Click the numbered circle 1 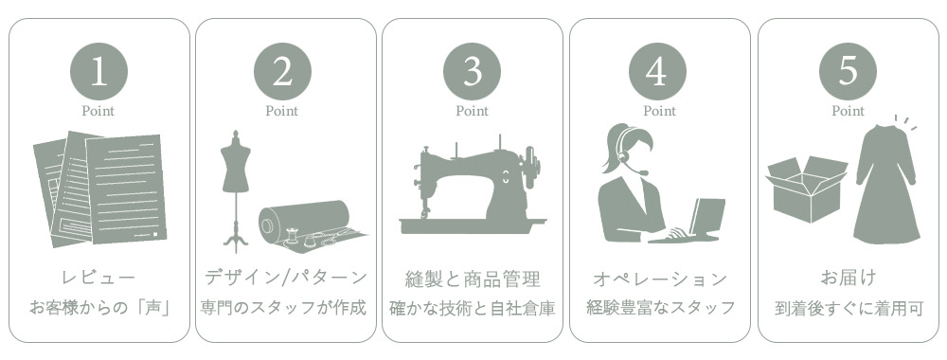(x=99, y=71)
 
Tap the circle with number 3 (x=473, y=71)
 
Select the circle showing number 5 (x=848, y=71)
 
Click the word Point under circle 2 (x=282, y=111)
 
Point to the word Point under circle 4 (x=659, y=111)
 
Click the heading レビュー (x=99, y=278)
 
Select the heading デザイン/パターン (x=286, y=278)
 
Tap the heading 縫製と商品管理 (x=473, y=279)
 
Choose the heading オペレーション (x=659, y=279)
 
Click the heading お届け (x=848, y=278)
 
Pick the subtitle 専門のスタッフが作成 (x=283, y=308)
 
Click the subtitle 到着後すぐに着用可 (x=849, y=309)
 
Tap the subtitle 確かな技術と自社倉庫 (x=473, y=308)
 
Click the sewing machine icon (x=473, y=185)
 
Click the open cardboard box (x=806, y=189)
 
